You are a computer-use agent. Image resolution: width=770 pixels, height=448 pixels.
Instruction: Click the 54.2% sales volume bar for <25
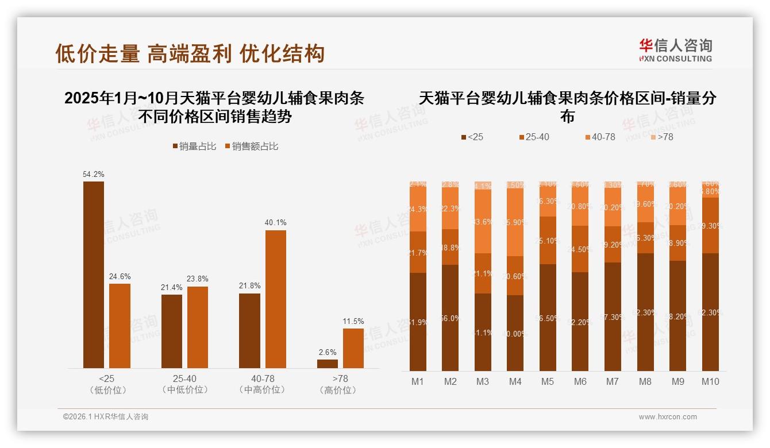(x=94, y=275)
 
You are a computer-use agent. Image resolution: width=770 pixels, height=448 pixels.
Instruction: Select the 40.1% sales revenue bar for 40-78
(x=275, y=299)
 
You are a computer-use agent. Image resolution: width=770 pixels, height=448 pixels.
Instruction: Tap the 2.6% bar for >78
(x=327, y=364)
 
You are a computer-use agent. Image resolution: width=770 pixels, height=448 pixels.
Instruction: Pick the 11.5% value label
(x=353, y=321)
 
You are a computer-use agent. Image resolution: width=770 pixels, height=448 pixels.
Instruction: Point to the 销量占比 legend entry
(x=194, y=146)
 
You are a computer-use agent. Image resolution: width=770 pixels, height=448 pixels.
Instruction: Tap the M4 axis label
(x=515, y=381)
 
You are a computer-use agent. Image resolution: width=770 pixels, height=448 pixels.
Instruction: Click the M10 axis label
(x=710, y=381)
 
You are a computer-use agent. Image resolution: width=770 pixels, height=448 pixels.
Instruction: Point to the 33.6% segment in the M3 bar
(x=483, y=221)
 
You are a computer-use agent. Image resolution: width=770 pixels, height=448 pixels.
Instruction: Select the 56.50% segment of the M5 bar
(x=548, y=318)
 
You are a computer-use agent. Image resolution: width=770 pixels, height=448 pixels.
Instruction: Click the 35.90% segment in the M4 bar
(x=515, y=222)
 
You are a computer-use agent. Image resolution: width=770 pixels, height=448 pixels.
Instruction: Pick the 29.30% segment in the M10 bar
(x=710, y=226)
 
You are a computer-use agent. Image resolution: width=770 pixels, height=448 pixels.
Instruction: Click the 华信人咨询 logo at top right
(x=675, y=50)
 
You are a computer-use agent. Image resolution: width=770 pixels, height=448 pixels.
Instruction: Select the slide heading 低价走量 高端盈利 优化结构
(x=190, y=53)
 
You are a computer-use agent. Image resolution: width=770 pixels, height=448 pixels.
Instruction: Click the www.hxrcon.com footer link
(x=668, y=417)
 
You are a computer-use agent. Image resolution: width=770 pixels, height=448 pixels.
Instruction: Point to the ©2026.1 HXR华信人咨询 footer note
(x=106, y=417)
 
